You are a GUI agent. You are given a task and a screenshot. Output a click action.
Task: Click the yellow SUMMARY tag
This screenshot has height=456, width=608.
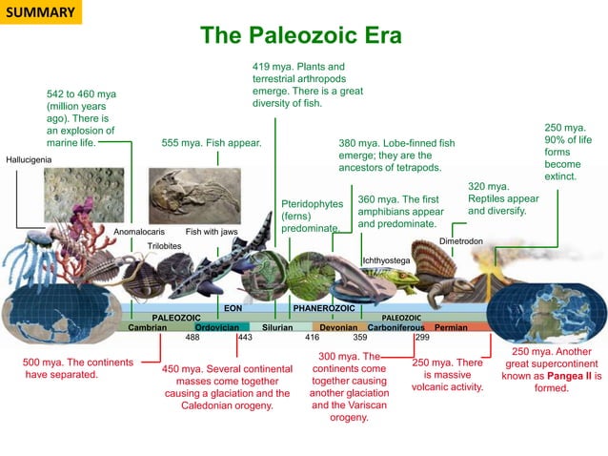click(x=39, y=12)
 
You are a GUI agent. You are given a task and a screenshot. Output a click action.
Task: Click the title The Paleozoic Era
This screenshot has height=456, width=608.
click(x=301, y=36)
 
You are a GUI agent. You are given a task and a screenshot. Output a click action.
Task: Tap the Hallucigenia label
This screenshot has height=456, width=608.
click(x=30, y=159)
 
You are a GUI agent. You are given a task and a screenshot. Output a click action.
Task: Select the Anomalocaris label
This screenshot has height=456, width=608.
click(x=139, y=232)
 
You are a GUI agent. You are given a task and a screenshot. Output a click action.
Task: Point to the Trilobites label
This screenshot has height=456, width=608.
click(x=165, y=245)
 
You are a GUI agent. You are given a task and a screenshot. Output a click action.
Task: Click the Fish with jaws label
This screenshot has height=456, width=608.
click(x=212, y=232)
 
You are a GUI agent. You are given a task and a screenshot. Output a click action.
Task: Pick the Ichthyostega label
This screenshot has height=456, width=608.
click(x=386, y=259)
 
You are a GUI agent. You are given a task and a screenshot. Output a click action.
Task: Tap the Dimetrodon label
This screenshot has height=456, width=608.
click(x=461, y=242)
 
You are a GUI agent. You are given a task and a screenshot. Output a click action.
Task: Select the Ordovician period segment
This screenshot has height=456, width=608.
click(x=216, y=327)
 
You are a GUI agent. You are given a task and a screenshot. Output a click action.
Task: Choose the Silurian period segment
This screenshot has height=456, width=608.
click(x=277, y=327)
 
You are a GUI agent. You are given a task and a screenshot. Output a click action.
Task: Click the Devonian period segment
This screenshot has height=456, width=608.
click(x=337, y=327)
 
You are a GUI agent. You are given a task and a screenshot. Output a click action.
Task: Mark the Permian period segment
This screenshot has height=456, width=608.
click(x=451, y=327)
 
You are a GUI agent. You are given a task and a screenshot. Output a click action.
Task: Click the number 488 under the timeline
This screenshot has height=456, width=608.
click(x=192, y=338)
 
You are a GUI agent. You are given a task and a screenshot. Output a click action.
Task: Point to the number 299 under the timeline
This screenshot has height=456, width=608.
click(x=422, y=338)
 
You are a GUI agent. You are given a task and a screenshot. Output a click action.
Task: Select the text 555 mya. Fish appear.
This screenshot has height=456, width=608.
click(x=212, y=143)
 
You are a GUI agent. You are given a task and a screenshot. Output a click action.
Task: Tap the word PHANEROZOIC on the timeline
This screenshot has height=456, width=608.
click(x=324, y=308)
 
